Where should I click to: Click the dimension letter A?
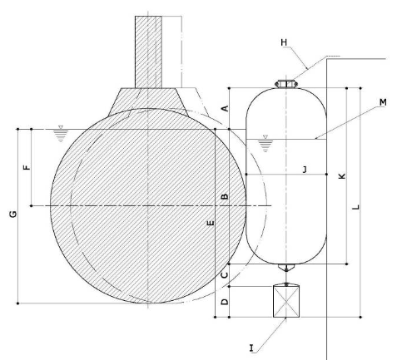[x=224, y=108]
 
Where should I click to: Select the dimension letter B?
[x=224, y=196]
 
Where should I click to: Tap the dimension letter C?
[x=224, y=274]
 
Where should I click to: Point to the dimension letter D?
[x=224, y=302]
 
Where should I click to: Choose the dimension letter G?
[x=12, y=215]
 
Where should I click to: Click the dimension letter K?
[x=340, y=176]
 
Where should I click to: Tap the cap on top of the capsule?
[x=285, y=83]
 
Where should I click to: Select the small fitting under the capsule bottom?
[x=285, y=269]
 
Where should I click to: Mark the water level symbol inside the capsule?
[x=265, y=142]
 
